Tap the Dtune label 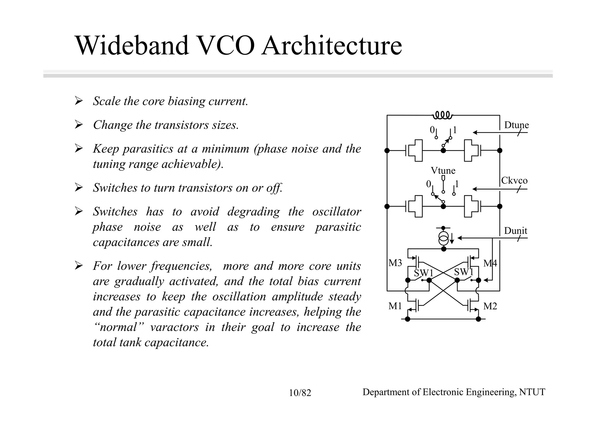[x=516, y=125]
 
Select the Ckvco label [x=514, y=181]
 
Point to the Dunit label [x=515, y=231]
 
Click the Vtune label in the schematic [x=443, y=170]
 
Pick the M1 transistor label [x=395, y=306]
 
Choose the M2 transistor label [x=490, y=306]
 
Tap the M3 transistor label [x=395, y=263]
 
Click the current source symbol [x=444, y=238]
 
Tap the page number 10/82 [x=300, y=393]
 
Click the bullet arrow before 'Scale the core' [x=79, y=101]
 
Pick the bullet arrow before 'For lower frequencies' [x=79, y=266]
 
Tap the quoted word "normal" [x=118, y=327]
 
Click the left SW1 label [x=424, y=273]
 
